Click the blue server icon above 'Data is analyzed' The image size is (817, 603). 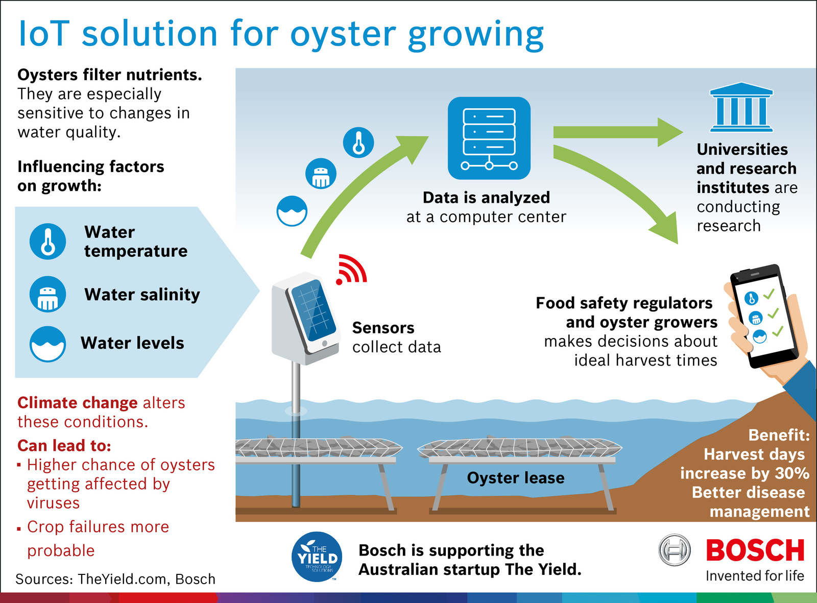click(489, 138)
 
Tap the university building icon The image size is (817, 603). click(741, 108)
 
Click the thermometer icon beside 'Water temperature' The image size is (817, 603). click(47, 241)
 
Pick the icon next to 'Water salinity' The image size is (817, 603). click(47, 295)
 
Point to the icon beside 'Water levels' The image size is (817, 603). click(47, 344)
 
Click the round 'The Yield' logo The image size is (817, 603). click(317, 557)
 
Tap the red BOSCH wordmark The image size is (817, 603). click(755, 550)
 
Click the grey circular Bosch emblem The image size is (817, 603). click(674, 550)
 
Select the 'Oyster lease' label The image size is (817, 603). click(516, 478)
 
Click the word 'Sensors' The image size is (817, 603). click(383, 328)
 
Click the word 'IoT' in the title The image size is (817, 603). click(43, 34)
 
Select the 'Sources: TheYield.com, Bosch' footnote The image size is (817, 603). click(115, 579)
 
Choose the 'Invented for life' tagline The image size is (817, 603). click(755, 576)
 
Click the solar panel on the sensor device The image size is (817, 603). click(313, 311)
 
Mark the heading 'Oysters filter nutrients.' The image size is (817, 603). click(110, 75)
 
